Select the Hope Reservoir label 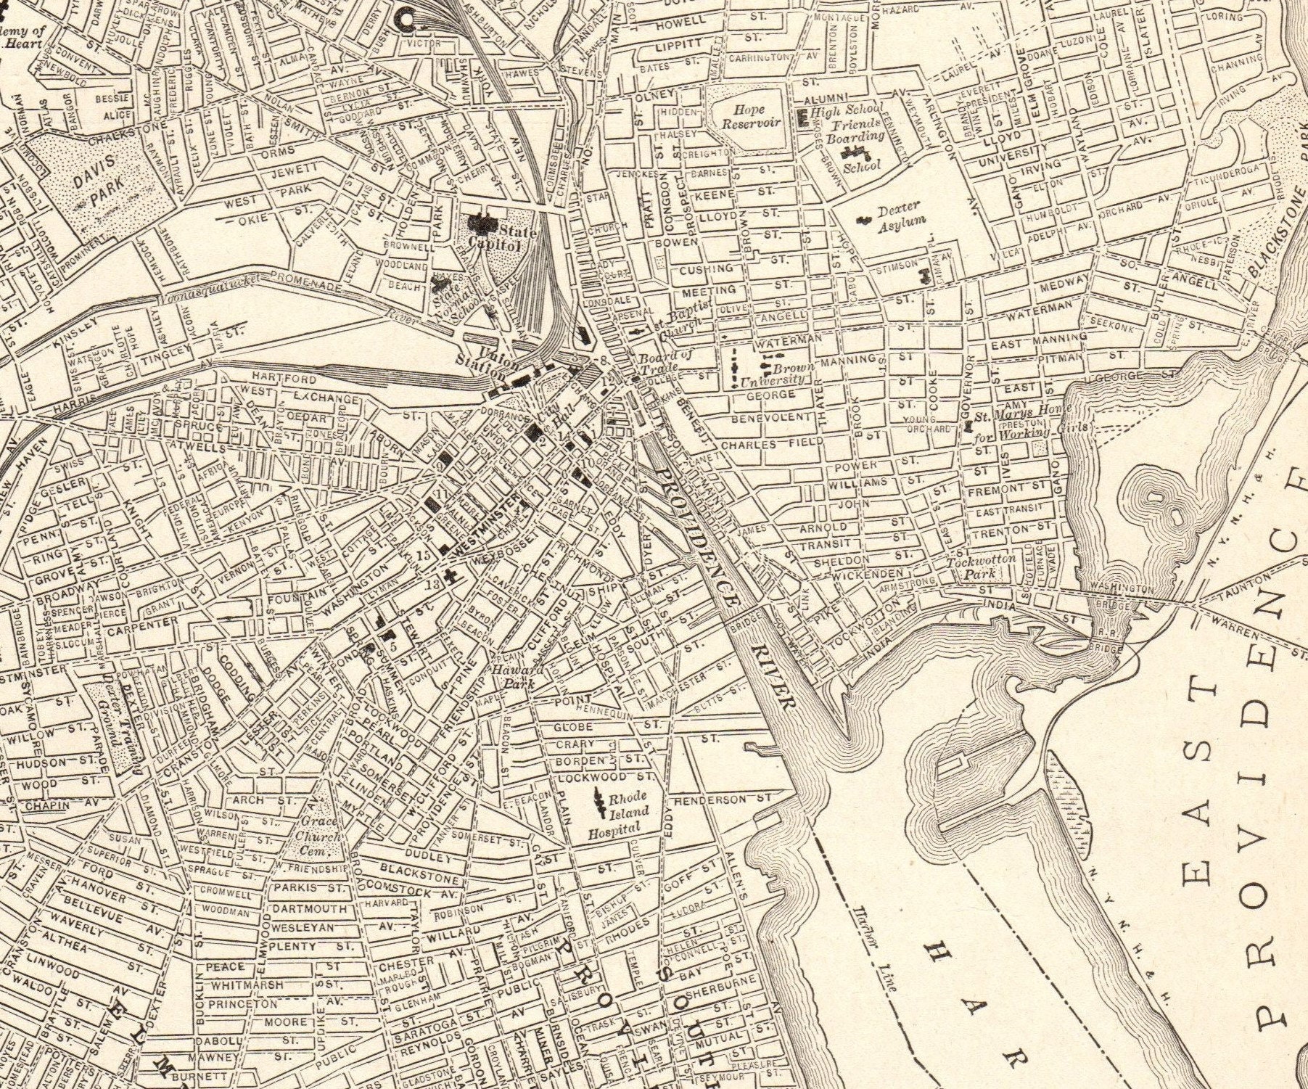pyautogui.click(x=748, y=117)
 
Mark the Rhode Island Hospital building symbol pyautogui.click(x=600, y=799)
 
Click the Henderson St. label pyautogui.click(x=723, y=800)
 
